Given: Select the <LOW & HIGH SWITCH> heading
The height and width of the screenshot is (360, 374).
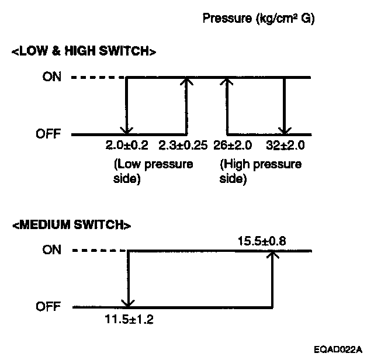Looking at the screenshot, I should coord(84,51).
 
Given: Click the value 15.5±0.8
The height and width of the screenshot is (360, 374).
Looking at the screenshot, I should coord(261,240).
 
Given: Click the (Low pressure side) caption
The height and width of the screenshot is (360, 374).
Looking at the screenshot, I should coord(153,171).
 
